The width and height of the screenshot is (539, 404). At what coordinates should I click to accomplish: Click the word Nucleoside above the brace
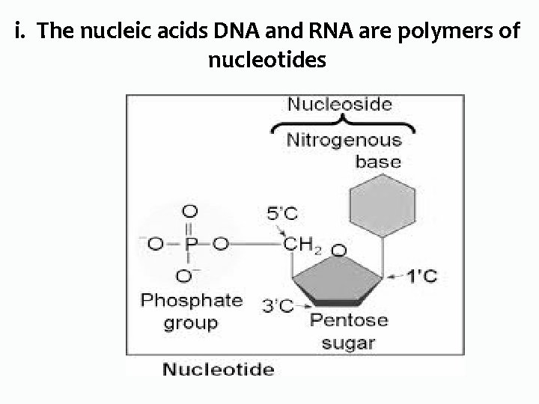tap(339, 104)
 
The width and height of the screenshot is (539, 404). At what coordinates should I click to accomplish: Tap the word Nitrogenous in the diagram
tap(344, 140)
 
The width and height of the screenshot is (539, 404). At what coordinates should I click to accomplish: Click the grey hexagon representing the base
tap(383, 205)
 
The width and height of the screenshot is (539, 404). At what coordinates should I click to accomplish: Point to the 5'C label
tap(281, 214)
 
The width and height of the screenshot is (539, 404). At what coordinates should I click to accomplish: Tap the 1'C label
tap(421, 277)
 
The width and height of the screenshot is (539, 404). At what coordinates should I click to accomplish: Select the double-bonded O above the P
tap(190, 212)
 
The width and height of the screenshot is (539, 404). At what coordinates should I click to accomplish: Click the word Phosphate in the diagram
tap(192, 301)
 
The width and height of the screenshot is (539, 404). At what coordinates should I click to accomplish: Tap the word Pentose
tap(349, 320)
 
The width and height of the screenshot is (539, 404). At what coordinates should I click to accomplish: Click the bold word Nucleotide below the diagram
tap(219, 369)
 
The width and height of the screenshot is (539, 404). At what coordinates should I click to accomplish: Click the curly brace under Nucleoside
tap(341, 123)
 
